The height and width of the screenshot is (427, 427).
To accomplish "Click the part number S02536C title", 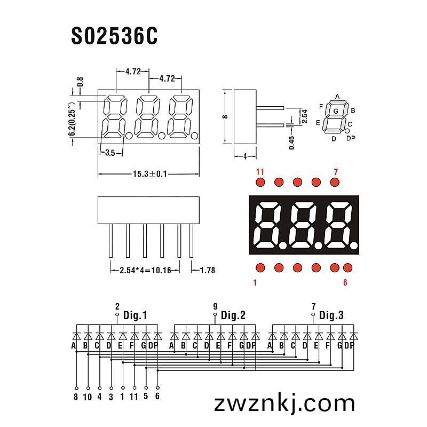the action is point(114,36).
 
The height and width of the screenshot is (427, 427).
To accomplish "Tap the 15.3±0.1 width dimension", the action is point(149,174).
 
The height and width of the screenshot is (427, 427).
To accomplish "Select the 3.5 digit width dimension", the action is point(110,153).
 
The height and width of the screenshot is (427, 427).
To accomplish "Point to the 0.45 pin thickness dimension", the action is point(291,143).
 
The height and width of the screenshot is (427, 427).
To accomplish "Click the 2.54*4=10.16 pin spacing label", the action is point(145,270).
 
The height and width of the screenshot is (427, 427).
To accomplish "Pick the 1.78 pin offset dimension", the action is point(208,270).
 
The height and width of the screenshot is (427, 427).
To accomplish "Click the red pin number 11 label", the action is point(260,172).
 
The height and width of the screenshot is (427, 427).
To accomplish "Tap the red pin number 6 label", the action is point(345,282).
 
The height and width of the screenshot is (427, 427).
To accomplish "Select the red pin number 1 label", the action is point(255,283).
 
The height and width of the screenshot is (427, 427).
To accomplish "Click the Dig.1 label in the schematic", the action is point(135,315).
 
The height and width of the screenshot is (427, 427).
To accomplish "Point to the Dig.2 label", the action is point(233,315).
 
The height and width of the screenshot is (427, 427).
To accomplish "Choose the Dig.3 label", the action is point(331,315).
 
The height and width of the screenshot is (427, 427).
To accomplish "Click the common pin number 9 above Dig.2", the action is point(215,306).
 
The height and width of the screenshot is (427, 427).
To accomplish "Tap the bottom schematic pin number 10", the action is point(88,397).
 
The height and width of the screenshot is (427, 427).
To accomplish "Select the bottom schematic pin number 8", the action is point(76,397).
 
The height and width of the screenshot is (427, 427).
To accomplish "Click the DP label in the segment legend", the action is point(351,138).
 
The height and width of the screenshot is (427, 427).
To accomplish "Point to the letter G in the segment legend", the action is point(336,111).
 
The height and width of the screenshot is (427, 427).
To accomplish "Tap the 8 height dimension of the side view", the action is point(225,117).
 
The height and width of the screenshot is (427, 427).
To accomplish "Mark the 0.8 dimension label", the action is point(80,82).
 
